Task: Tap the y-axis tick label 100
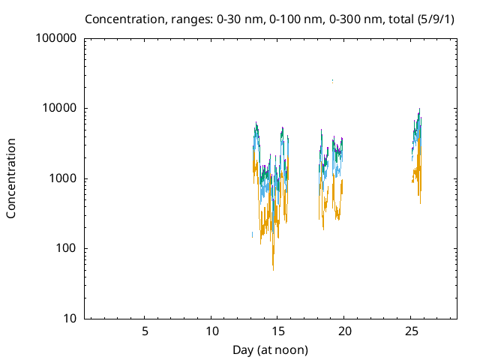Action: (67, 249)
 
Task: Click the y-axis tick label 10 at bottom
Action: (70, 319)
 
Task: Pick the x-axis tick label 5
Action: (145, 331)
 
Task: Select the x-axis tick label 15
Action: (277, 331)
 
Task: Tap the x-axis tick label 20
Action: (344, 331)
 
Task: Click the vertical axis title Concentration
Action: (11, 178)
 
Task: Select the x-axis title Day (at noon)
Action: (271, 349)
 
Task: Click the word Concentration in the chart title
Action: (121, 19)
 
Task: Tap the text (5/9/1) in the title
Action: (435, 19)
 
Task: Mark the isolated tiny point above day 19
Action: (332, 80)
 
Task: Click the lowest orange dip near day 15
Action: (273, 268)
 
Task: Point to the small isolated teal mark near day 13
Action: (252, 235)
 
